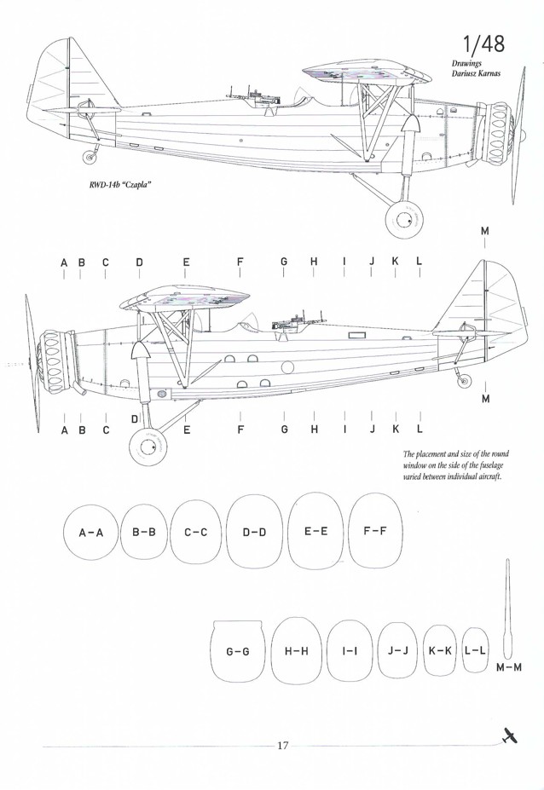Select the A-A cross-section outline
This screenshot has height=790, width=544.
90,533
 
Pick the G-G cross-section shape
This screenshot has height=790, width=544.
237,651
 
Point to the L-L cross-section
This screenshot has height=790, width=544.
476,650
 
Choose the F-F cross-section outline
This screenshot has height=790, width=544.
375,530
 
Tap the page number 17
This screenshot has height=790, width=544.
283,746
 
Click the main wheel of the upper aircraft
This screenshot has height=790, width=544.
403,220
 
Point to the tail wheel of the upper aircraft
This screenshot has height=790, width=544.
90,156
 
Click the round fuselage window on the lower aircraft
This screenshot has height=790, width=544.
286,368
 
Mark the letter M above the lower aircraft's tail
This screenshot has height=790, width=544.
485,232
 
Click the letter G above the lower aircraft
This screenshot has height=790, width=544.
283,262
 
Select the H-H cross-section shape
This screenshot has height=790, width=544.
296,651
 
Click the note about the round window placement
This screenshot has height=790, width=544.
454,466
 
